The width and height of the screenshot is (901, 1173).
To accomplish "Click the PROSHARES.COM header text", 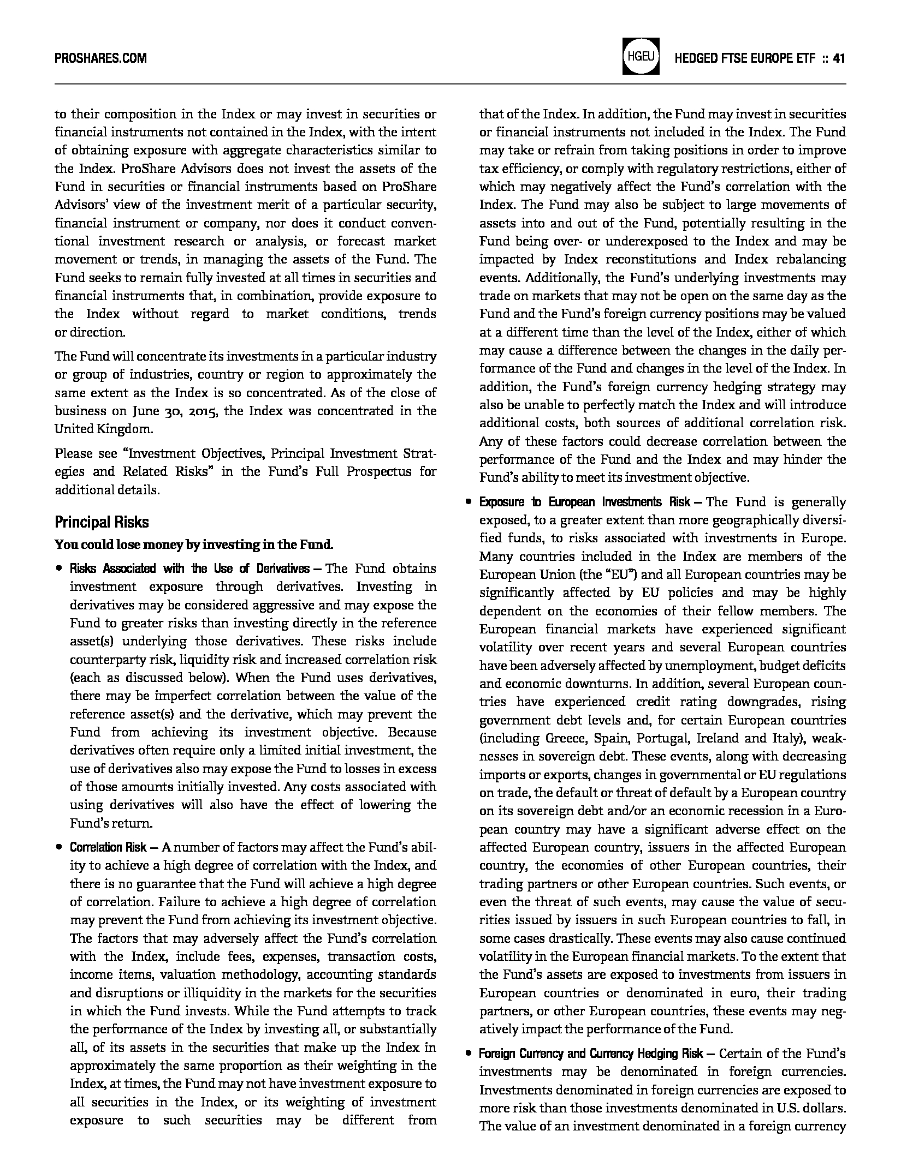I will coord(100,58).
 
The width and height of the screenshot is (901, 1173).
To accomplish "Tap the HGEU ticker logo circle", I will coord(641,56).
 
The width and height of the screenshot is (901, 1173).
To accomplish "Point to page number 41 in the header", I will coord(839,58).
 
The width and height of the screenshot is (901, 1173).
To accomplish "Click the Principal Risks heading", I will coord(102,522).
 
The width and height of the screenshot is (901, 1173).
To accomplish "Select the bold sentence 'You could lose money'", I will coord(194,544).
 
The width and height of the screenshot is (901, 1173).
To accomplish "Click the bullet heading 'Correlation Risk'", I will coord(108,847).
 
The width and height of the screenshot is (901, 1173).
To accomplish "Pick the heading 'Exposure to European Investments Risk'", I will coord(584,501).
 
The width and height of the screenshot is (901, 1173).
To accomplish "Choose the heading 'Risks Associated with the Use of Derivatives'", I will coord(189,568).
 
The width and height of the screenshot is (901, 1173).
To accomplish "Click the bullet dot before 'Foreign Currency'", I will coord(468,1054).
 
